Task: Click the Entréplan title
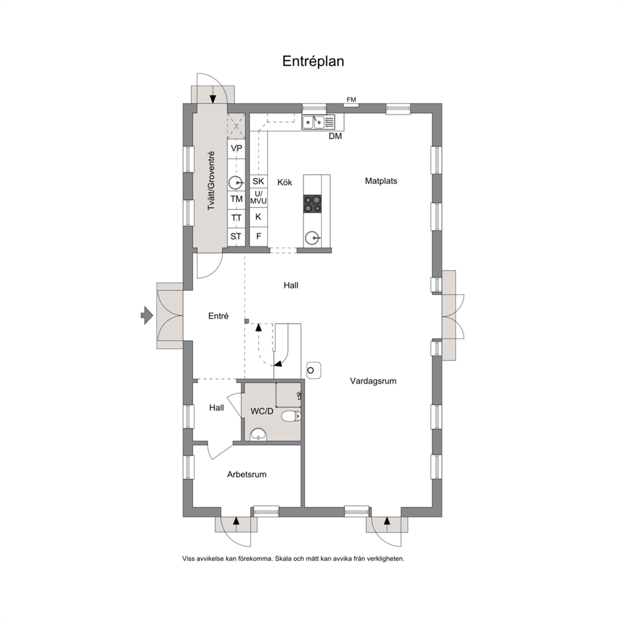point(313,61)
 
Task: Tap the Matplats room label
point(381,181)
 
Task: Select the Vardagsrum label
point(373,381)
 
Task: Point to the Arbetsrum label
point(247,474)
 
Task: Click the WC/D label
point(262,411)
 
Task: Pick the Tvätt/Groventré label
point(211,181)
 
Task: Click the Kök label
point(285,182)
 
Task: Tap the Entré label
point(218,316)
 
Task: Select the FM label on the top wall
point(351,99)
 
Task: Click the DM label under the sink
point(335,136)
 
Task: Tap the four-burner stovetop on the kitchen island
point(312,204)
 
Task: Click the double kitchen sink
point(313,122)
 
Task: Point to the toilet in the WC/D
point(291,416)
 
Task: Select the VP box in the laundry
point(236,149)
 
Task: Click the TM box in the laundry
point(236,199)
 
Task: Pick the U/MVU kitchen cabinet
point(258,197)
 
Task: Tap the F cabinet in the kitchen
point(259,236)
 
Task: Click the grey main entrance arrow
point(147,315)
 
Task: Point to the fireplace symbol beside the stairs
point(314,371)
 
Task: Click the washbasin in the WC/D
point(259,434)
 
